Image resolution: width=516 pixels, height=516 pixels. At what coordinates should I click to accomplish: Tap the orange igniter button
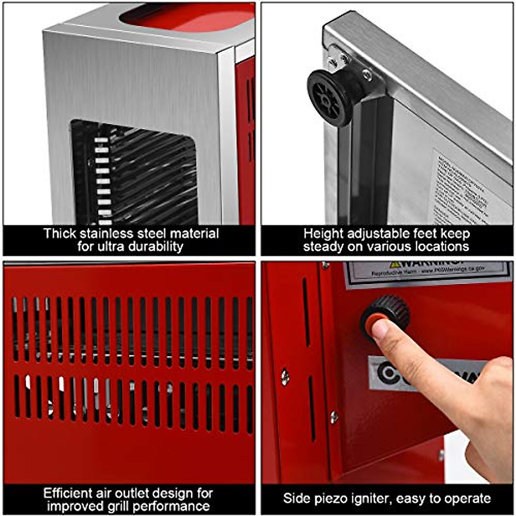coord(373,323)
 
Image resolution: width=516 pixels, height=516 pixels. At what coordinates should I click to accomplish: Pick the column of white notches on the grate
coord(102,181)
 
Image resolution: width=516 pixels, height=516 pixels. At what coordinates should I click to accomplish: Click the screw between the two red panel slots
coord(285,377)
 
